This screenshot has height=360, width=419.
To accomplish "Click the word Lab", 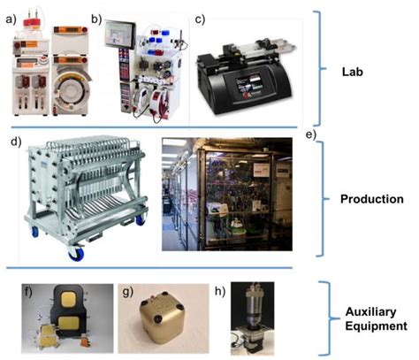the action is coord(353,72).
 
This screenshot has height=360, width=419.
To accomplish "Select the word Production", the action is coord(372,199).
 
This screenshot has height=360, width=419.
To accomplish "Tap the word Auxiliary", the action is coord(370,312).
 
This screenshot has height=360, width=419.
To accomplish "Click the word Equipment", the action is coord(377,326).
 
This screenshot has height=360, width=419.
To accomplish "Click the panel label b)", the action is coord(96,19).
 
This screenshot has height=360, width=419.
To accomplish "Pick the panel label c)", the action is coord(201,19).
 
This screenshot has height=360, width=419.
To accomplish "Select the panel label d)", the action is coord(17,142).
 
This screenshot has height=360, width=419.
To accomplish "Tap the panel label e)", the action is coord(311,134).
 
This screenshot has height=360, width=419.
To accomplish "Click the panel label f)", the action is coord(27,292).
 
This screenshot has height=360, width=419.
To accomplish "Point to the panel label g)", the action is coord(127,293).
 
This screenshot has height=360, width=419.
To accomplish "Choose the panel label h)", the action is coord(220,291).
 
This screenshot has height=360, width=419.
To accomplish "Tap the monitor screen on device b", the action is coord(119,34).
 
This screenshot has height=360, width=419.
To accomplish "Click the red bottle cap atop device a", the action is coord(32,22).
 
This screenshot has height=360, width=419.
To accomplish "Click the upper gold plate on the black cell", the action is coord(70,301).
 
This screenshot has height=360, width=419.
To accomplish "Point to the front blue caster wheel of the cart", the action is coord(76,254).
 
